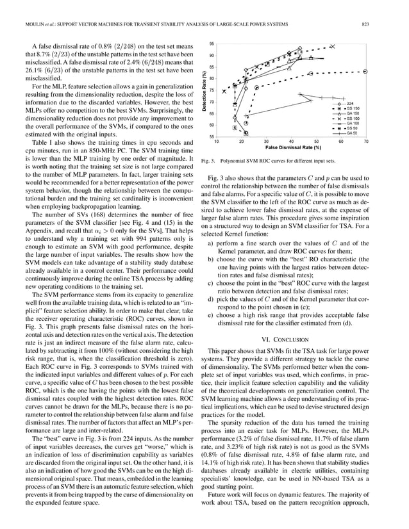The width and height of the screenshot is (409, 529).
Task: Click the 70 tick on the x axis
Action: tap(365, 142)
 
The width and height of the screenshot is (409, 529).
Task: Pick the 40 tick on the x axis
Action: tap(291, 142)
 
